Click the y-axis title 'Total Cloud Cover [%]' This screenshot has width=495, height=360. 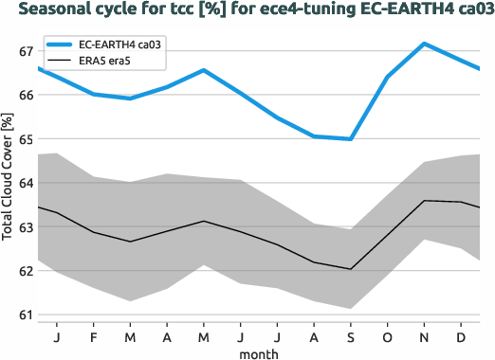click(9, 174)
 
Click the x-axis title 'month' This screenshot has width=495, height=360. click(259, 353)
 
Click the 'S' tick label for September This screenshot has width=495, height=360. click(351, 336)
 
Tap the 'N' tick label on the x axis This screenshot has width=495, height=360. click(424, 336)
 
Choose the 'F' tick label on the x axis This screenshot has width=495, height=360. click(93, 336)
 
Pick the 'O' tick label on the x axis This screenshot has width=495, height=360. click(387, 336)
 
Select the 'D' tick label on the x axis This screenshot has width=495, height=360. click(461, 336)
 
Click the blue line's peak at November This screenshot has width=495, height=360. click(424, 44)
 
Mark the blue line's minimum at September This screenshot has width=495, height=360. click(351, 139)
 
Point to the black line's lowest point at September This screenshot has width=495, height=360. click(351, 269)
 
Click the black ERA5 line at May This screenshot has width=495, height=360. click(203, 221)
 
